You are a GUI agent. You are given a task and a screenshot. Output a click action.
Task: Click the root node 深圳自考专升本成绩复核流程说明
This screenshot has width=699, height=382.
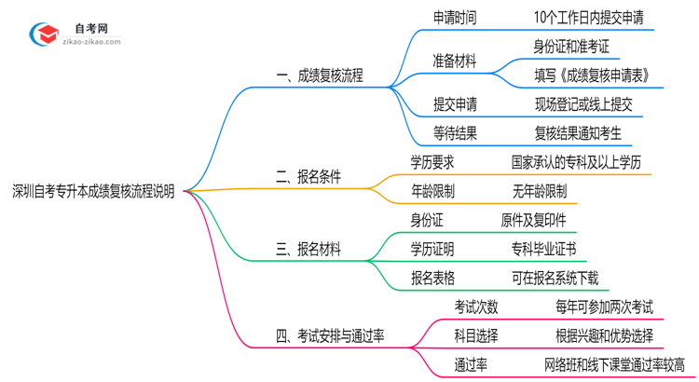pyautogui.click(x=92, y=191)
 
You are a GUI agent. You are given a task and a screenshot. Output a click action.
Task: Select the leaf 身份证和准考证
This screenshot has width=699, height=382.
pyautogui.click(x=571, y=46)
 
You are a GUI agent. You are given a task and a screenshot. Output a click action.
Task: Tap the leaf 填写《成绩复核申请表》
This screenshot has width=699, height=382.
pyautogui.click(x=592, y=75)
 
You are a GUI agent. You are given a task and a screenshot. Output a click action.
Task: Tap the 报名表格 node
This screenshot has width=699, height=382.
pyautogui.click(x=433, y=278)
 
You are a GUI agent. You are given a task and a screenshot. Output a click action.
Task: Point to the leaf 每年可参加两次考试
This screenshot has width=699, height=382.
pyautogui.click(x=603, y=307)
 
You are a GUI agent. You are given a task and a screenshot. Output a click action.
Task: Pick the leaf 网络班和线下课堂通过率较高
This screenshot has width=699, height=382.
pyautogui.click(x=614, y=364)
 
